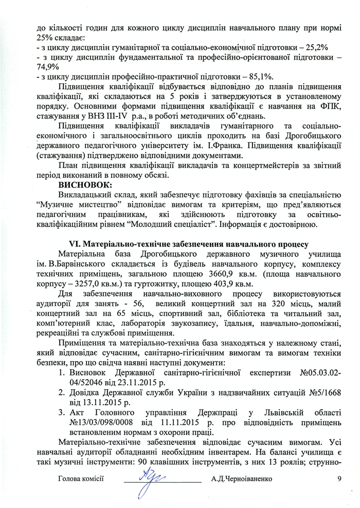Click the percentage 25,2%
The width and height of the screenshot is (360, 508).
point(321,47)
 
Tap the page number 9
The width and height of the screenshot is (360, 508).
point(339,478)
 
